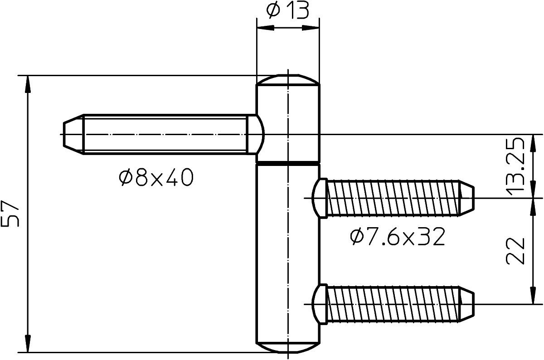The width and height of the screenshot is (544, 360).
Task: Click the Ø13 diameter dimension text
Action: [x=288, y=11]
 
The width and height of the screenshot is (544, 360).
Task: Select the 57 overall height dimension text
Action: [x=10, y=214]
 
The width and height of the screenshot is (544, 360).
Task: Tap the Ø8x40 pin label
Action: [x=156, y=178]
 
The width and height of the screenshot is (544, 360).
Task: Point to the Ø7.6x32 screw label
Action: [x=398, y=237]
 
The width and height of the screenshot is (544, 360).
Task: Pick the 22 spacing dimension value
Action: [x=515, y=251]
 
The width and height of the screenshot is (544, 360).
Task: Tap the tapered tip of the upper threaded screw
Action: [x=466, y=198]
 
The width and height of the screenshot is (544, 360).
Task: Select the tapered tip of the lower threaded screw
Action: [x=466, y=304]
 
